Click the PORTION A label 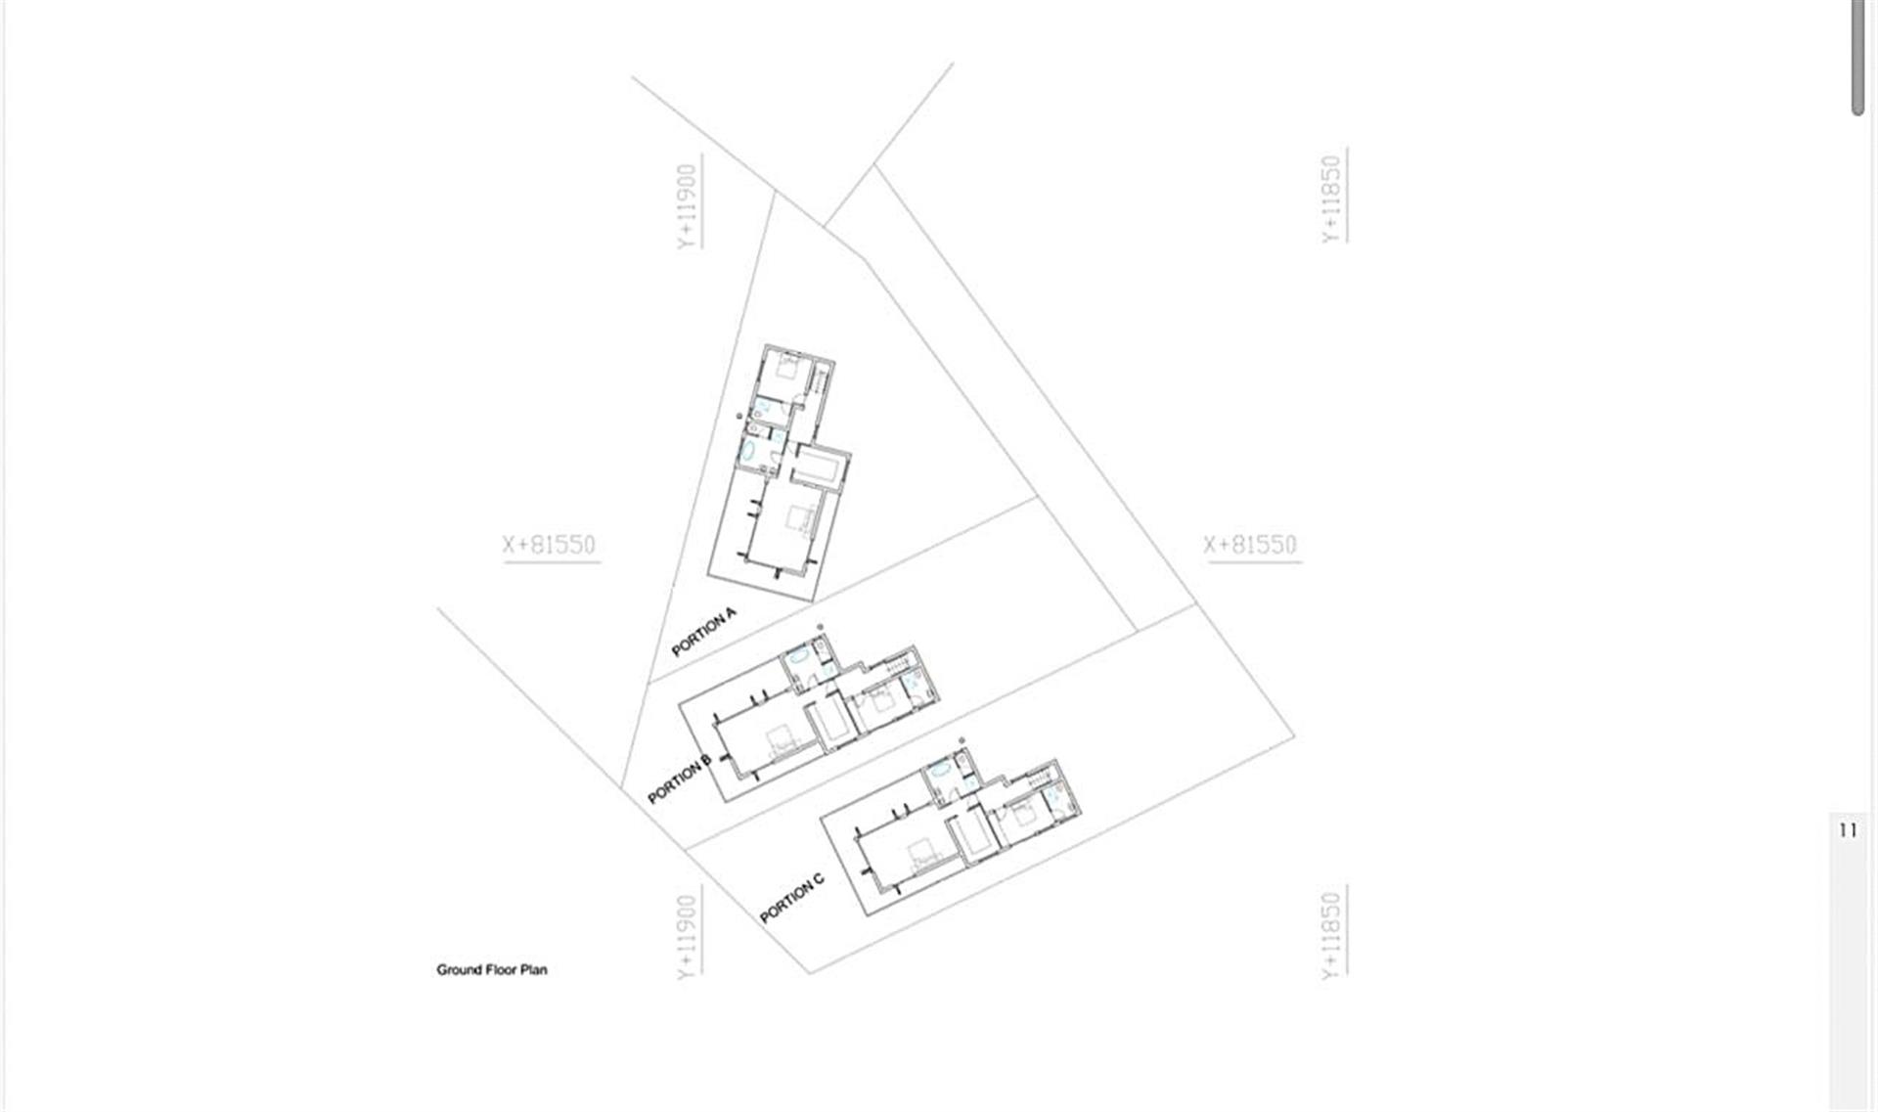click(703, 632)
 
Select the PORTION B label click(680, 780)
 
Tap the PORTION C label click(792, 897)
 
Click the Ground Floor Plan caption click(492, 970)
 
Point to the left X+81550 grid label click(550, 545)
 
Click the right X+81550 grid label click(1250, 545)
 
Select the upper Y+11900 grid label click(689, 206)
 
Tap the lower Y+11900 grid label click(689, 937)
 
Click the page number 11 click(1848, 830)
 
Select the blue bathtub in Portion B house click(798, 655)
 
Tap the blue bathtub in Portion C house click(940, 770)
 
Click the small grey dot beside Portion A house click(739, 416)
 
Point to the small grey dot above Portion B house click(820, 627)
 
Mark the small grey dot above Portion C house click(961, 740)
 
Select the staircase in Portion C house click(1043, 777)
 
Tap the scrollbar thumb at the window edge click(1857, 58)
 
